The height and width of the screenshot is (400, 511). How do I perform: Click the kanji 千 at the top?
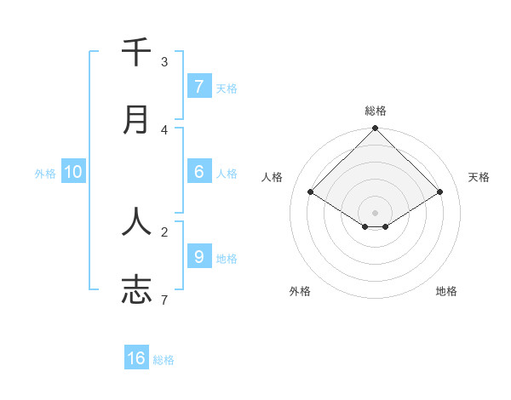click(136, 52)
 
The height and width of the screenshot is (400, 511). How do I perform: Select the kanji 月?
click(136, 120)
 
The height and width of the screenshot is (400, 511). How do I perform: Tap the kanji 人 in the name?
click(136, 221)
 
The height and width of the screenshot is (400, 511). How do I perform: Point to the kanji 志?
click(136, 289)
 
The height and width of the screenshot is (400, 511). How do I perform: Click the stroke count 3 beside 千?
click(164, 61)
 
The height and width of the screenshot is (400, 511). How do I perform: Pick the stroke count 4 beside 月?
click(164, 129)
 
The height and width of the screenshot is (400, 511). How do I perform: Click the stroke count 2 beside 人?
click(164, 231)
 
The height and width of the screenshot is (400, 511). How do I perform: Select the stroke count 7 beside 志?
click(164, 299)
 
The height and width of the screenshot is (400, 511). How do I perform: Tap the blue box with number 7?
click(198, 87)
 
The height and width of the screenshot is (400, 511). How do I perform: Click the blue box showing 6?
click(198, 172)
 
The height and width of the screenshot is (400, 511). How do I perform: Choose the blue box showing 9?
click(198, 256)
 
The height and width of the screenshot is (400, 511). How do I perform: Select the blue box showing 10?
click(73, 172)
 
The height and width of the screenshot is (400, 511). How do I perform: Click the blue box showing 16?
click(136, 358)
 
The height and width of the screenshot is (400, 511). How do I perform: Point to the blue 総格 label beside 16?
click(164, 360)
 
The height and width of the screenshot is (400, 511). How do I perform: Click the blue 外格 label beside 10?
click(45, 174)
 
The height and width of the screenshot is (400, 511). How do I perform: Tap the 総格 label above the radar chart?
click(376, 111)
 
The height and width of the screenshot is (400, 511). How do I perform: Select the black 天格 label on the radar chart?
click(479, 177)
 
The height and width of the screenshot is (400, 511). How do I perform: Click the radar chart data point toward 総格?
click(376, 129)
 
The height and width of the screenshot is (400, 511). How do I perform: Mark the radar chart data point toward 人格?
click(311, 192)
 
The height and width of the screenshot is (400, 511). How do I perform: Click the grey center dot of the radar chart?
click(376, 213)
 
